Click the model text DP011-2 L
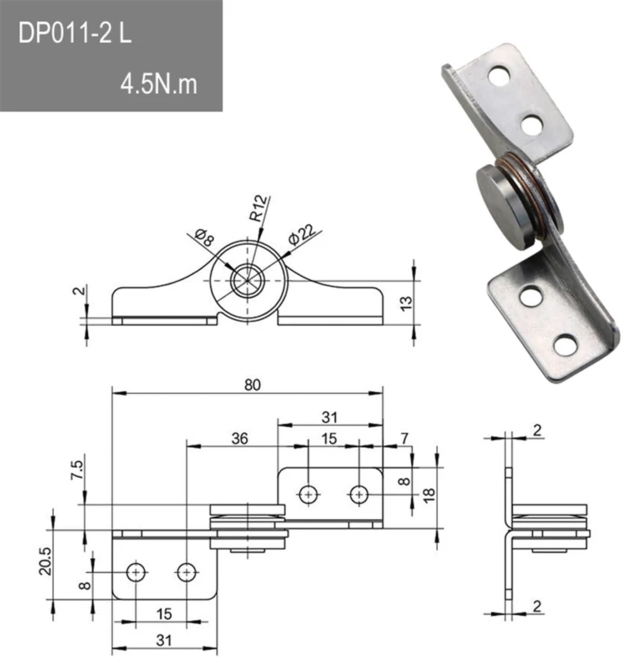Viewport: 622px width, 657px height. pyautogui.click(x=75, y=34)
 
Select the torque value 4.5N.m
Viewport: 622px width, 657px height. pyautogui.click(x=159, y=84)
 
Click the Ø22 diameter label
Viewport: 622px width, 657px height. pyautogui.click(x=302, y=235)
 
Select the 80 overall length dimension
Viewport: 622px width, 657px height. pyautogui.click(x=253, y=385)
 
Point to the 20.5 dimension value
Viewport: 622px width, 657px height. pyautogui.click(x=46, y=561)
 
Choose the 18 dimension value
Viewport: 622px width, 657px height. pyautogui.click(x=429, y=494)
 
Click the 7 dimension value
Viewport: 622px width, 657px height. pyautogui.click(x=405, y=438)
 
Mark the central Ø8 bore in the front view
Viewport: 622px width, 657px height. pyautogui.click(x=248, y=280)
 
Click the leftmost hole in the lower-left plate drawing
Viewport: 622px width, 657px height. pyautogui.click(x=136, y=572)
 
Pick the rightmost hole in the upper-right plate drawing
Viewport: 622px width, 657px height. pyautogui.click(x=359, y=494)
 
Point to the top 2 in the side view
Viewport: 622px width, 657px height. pyautogui.click(x=537, y=430)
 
